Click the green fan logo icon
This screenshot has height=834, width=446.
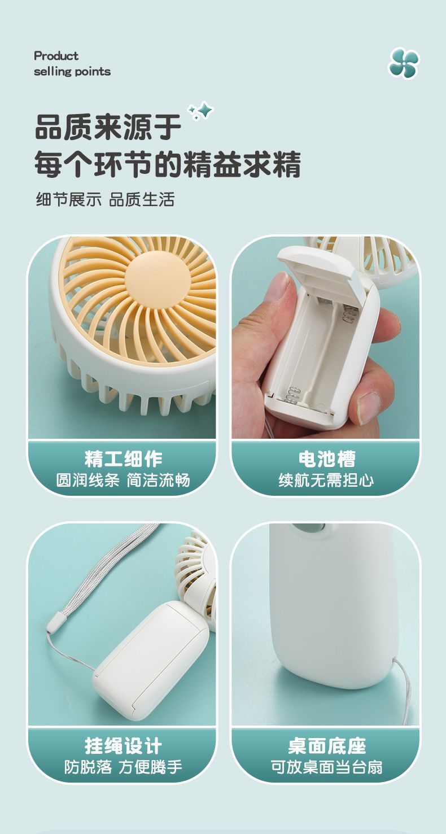[404, 63]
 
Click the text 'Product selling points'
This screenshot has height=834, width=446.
[72, 64]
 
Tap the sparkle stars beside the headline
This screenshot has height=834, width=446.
[200, 111]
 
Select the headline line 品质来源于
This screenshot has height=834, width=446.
[108, 128]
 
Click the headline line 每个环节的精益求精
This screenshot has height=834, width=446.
[167, 164]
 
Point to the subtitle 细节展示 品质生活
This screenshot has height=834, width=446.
[105, 199]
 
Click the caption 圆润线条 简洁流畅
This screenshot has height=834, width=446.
[123, 481]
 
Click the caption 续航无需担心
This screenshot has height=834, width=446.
[326, 481]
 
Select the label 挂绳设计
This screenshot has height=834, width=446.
[123, 746]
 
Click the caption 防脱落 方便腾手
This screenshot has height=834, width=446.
[123, 767]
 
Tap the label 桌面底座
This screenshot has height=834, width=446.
[326, 746]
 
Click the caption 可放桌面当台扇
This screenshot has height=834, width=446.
[326, 767]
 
